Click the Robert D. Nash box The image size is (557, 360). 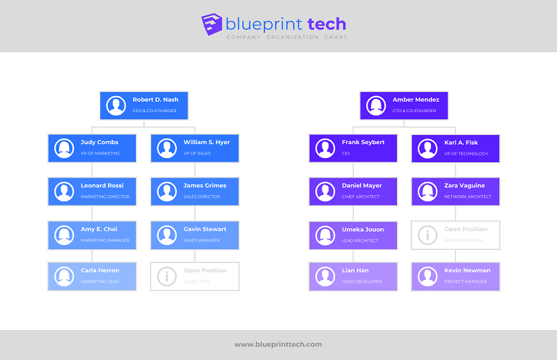click(143, 105)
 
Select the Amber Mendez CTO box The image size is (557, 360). click(404, 105)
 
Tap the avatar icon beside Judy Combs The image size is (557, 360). click(64, 148)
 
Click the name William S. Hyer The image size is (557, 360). click(206, 143)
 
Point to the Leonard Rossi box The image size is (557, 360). click(92, 191)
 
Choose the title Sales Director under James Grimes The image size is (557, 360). click(201, 197)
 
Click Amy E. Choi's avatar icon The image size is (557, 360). click(64, 235)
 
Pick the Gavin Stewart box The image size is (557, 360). click(195, 235)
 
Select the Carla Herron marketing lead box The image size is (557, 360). click(92, 276)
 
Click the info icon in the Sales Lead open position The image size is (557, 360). click(167, 276)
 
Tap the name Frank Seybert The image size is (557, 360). click(363, 143)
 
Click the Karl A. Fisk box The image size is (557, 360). click(455, 148)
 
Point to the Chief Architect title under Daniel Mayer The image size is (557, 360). click(360, 197)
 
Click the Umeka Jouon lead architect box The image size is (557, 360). click(353, 235)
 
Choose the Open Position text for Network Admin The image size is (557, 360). click(466, 229)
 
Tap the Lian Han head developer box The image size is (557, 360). click(353, 276)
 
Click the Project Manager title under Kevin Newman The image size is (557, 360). click(466, 281)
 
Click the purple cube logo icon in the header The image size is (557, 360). click(212, 24)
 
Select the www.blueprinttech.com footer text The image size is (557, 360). click(278, 344)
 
